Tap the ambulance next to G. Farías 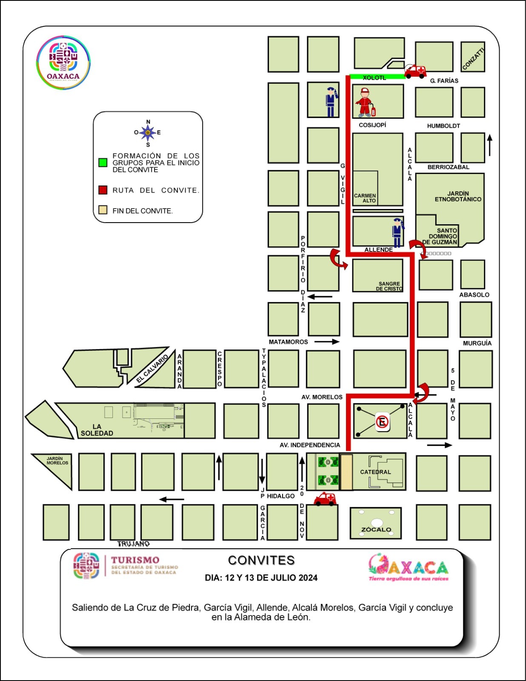[415, 72]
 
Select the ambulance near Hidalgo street [325, 499]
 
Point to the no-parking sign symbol [382, 422]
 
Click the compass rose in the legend [148, 133]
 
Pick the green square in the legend [103, 163]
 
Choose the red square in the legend [103, 190]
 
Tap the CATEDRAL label [375, 472]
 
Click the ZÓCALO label [376, 529]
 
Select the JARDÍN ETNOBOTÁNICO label [458, 196]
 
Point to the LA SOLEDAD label [97, 430]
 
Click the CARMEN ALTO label [365, 198]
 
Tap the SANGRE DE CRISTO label [389, 286]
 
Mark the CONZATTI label [473, 59]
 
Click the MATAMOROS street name [288, 342]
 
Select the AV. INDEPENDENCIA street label [310, 445]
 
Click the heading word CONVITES [261, 561]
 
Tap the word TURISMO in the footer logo [135, 560]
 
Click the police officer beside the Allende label [397, 232]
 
